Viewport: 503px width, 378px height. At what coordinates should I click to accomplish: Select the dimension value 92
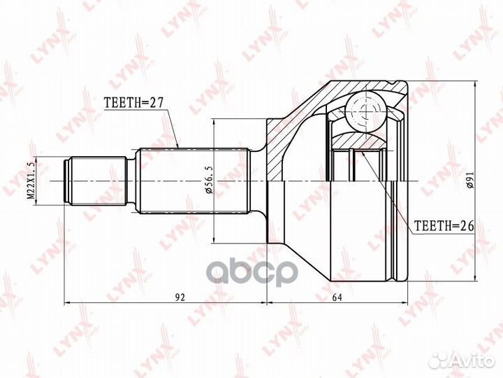click(x=180, y=297)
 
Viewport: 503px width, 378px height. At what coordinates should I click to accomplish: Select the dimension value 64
click(x=337, y=297)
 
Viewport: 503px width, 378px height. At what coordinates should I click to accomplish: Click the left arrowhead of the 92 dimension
click(x=67, y=304)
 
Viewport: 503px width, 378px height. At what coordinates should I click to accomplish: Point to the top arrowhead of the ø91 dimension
click(x=476, y=85)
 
